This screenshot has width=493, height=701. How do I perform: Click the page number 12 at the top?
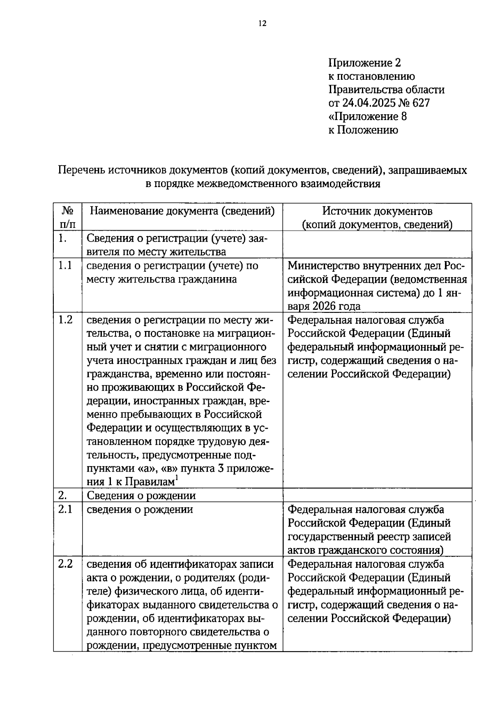pyautogui.click(x=263, y=23)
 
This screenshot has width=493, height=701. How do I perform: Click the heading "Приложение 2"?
pyautogui.click(x=364, y=63)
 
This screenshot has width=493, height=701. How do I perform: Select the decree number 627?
pyautogui.click(x=420, y=103)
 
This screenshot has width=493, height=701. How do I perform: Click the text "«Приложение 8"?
pyautogui.click(x=368, y=116)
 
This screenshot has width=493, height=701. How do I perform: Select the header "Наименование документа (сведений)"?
pyautogui.click(x=182, y=211)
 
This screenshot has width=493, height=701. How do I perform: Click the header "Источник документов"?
pyautogui.click(x=377, y=211)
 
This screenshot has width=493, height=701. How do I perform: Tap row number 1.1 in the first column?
pyautogui.click(x=65, y=266)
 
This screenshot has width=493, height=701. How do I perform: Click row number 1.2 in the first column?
pyautogui.click(x=65, y=319)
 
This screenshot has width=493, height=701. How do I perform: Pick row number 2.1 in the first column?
pyautogui.click(x=65, y=509)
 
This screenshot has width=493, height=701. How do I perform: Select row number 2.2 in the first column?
pyautogui.click(x=65, y=564)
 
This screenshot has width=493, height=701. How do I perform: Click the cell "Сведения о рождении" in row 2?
pyautogui.click(x=141, y=496)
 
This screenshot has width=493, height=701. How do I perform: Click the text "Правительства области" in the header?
pyautogui.click(x=386, y=90)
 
